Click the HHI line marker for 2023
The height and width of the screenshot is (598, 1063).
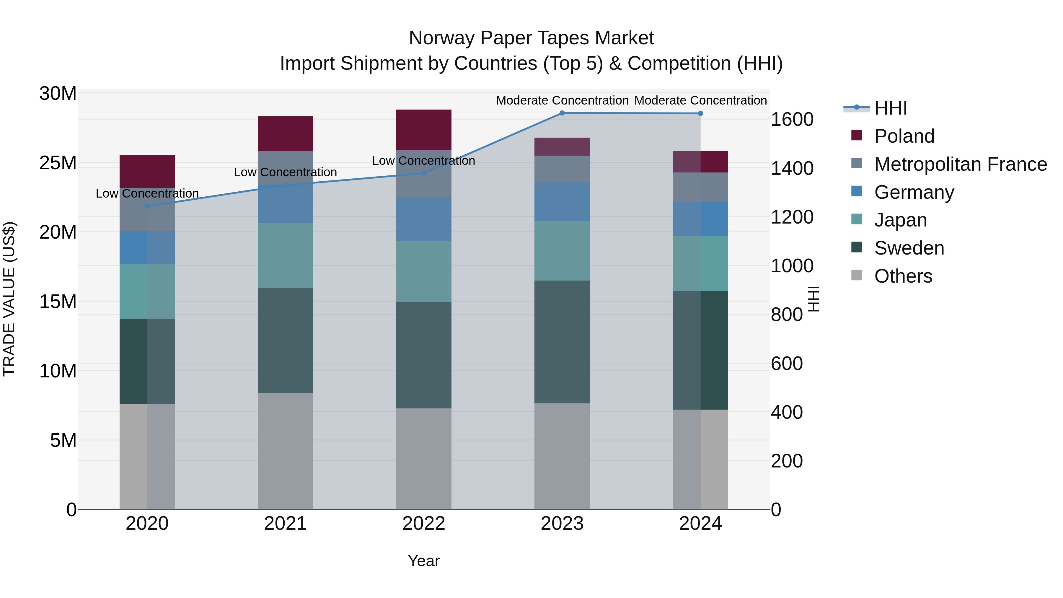click(x=562, y=113)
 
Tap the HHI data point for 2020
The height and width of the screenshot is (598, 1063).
click(x=147, y=206)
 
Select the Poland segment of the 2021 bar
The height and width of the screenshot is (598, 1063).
click(x=285, y=134)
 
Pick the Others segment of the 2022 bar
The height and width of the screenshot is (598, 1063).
click(x=423, y=459)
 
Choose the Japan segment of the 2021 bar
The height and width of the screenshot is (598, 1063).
click(x=285, y=255)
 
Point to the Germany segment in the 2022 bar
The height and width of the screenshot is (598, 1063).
click(x=423, y=219)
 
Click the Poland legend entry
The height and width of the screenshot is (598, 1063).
click(x=904, y=136)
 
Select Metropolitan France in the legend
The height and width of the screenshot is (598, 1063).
click(x=960, y=164)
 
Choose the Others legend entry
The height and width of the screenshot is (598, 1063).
click(x=903, y=276)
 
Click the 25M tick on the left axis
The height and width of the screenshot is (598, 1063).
click(x=58, y=163)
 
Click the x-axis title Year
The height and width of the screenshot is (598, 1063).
click(x=423, y=561)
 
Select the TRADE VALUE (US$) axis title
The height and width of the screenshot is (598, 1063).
click(x=9, y=299)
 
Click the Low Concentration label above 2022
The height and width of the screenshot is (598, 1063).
click(x=423, y=161)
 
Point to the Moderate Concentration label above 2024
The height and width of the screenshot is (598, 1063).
click(x=700, y=100)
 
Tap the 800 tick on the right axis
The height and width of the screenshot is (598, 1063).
click(x=787, y=315)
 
